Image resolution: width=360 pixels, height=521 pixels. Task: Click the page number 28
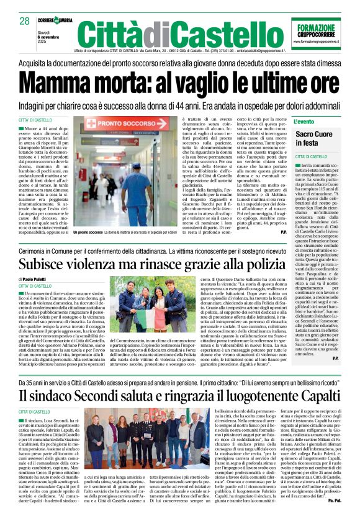[x=24, y=22]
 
